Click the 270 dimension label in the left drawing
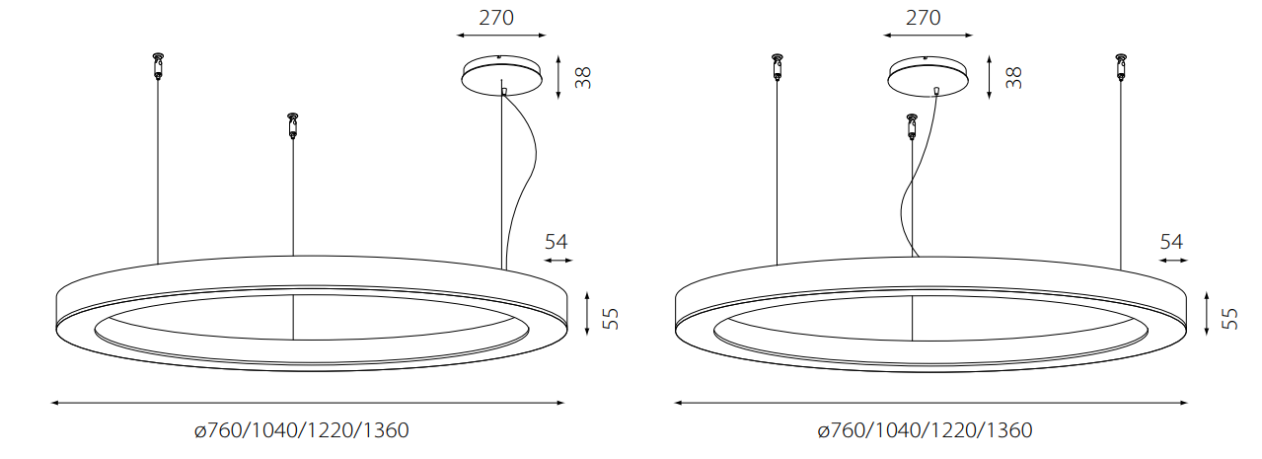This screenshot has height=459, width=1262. pyautogui.click(x=496, y=18)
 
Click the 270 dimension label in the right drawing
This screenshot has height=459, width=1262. pyautogui.click(x=923, y=18)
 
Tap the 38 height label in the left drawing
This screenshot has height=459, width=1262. pyautogui.click(x=583, y=77)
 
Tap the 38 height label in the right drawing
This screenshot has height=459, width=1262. pyautogui.click(x=1013, y=77)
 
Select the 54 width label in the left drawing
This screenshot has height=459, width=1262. pyautogui.click(x=557, y=242)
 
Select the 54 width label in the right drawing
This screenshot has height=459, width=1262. pyautogui.click(x=1171, y=242)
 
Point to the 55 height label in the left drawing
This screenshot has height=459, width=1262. pyautogui.click(x=610, y=319)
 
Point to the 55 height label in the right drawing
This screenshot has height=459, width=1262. pyautogui.click(x=1229, y=319)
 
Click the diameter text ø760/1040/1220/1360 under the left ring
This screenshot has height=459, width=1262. pyautogui.click(x=301, y=430)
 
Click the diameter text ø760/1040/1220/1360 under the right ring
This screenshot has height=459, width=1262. pyautogui.click(x=926, y=430)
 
